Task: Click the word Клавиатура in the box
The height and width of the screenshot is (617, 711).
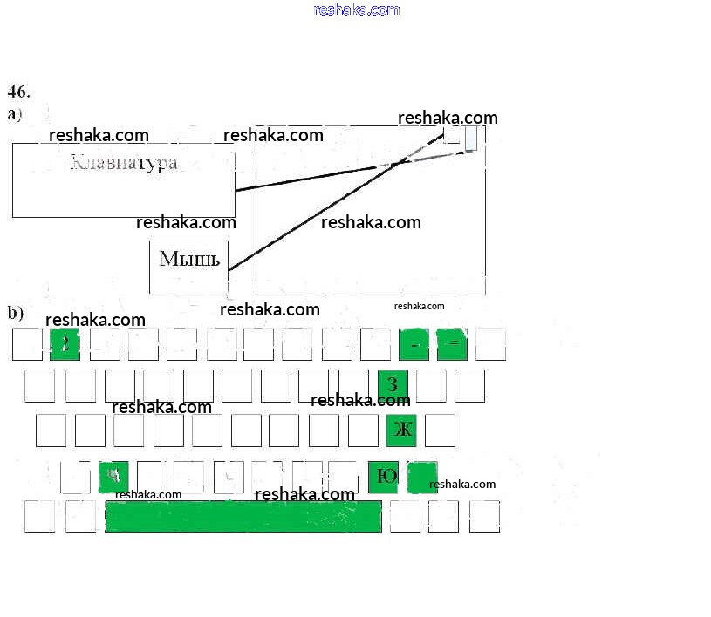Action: pyautogui.click(x=123, y=163)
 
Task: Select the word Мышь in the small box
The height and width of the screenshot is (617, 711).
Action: pyautogui.click(x=189, y=259)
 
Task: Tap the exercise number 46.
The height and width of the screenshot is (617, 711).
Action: pyautogui.click(x=19, y=91)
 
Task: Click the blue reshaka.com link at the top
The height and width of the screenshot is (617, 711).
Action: pyautogui.click(x=356, y=10)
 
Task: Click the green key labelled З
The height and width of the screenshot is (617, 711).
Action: pyautogui.click(x=393, y=385)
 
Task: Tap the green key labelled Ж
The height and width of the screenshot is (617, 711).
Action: pyautogui.click(x=401, y=430)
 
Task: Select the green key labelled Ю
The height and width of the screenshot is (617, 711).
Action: pyautogui.click(x=383, y=477)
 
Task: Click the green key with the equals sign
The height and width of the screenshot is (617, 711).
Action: pyautogui.click(x=452, y=344)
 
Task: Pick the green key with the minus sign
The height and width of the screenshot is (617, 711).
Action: pyautogui.click(x=414, y=344)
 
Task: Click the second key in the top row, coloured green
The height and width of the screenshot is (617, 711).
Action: pyautogui.click(x=65, y=344)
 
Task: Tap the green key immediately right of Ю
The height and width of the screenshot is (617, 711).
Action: pyautogui.click(x=422, y=477)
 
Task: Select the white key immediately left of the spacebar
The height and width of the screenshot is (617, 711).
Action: pyautogui.click(x=80, y=517)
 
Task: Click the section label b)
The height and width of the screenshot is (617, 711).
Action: pyautogui.click(x=16, y=313)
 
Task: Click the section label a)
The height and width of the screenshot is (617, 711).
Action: pyautogui.click(x=15, y=114)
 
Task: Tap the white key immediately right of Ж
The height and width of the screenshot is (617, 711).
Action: pyautogui.click(x=441, y=430)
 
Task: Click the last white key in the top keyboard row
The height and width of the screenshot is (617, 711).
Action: pyautogui.click(x=490, y=344)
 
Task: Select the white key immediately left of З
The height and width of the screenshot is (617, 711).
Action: pyautogui.click(x=353, y=385)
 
